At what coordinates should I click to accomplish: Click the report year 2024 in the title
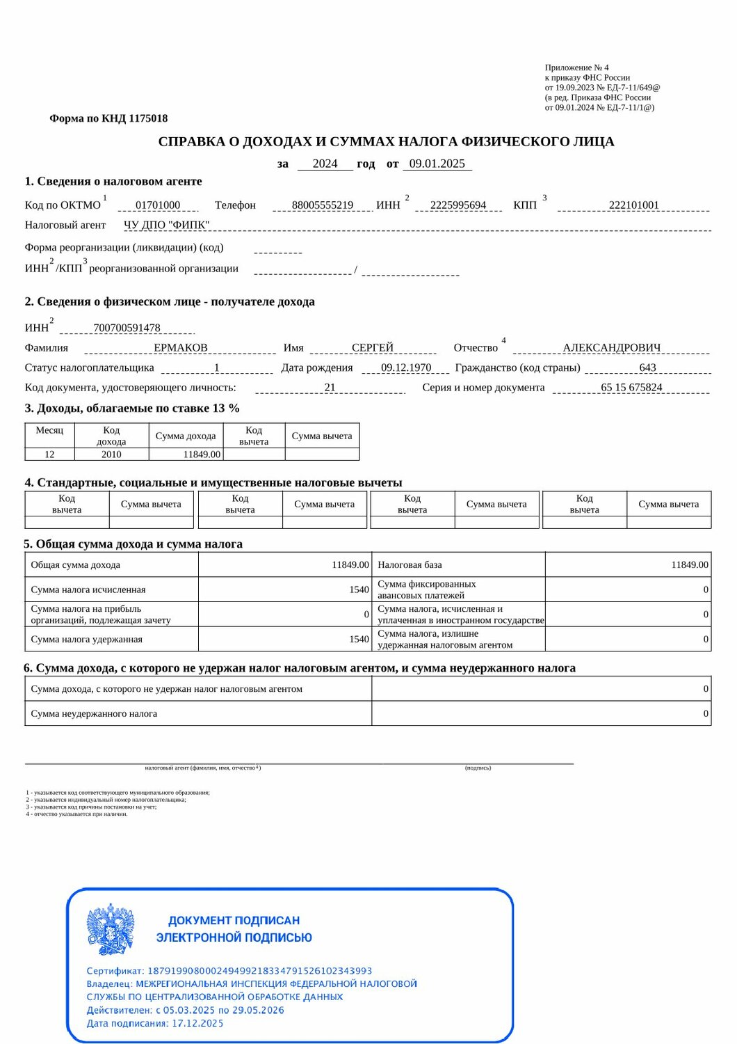(325, 164)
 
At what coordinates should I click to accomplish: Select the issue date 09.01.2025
(437, 164)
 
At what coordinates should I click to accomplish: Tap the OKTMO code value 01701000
(158, 205)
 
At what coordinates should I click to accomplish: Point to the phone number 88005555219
(323, 205)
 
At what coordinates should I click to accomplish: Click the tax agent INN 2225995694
(458, 205)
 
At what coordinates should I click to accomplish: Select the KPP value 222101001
(633, 205)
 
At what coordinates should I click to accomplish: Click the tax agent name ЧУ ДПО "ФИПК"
(166, 225)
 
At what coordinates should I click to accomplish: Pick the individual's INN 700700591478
(127, 328)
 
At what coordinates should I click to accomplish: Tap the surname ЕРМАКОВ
(181, 348)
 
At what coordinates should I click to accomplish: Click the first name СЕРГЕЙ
(373, 348)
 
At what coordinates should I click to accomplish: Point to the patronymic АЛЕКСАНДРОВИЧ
(612, 348)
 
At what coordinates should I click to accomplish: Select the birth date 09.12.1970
(406, 367)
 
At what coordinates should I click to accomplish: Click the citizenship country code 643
(647, 367)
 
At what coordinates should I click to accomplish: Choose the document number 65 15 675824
(631, 388)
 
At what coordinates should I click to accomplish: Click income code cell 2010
(111, 454)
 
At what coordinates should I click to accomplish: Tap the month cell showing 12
(49, 454)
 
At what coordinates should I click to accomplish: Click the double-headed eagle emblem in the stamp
(111, 930)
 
